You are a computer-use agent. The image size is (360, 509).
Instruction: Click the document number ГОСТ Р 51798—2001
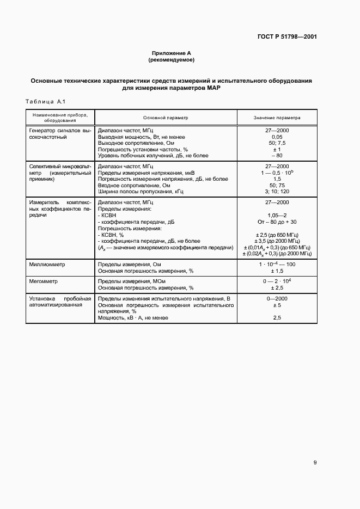pyautogui.click(x=286, y=37)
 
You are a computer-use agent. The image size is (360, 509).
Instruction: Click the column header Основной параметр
pyautogui.click(x=165, y=117)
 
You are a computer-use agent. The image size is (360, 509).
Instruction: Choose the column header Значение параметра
pyautogui.click(x=277, y=117)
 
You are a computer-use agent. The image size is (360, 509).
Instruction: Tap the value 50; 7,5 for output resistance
pyautogui.click(x=277, y=143)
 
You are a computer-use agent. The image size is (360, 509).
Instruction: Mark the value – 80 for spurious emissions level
pyautogui.click(x=277, y=155)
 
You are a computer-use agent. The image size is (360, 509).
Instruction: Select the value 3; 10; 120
pyautogui.click(x=277, y=191)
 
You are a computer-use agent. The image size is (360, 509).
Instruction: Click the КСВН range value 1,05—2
pyautogui.click(x=277, y=215)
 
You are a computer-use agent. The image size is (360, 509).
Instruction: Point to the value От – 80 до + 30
pyautogui.click(x=277, y=222)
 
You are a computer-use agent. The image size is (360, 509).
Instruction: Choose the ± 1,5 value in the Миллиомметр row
pyautogui.click(x=277, y=271)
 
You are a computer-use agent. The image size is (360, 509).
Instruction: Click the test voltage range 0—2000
pyautogui.click(x=277, y=299)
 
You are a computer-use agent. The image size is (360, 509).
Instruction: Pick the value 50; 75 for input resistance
pyautogui.click(x=277, y=185)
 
